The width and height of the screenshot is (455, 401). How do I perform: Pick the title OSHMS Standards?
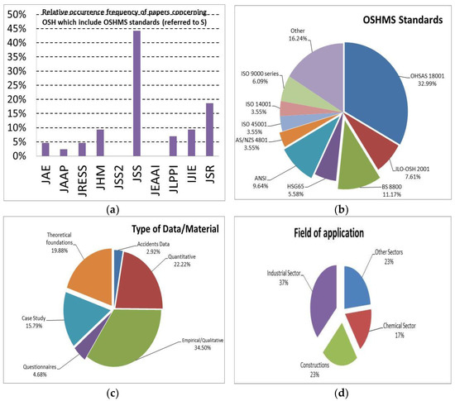[x=401, y=21]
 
